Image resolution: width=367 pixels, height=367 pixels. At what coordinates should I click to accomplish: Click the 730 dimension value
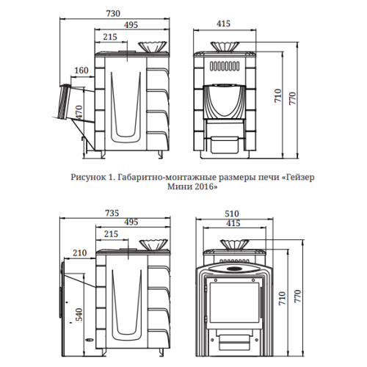pos(113,13)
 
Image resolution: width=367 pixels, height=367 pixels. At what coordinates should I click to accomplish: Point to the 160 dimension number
pos(81,70)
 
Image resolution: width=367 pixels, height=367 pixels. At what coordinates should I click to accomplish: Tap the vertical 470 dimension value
pos(79,112)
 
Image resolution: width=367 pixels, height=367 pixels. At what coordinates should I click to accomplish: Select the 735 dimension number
pos(112,213)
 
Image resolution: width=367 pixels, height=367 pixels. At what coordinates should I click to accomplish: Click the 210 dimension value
pos(80,252)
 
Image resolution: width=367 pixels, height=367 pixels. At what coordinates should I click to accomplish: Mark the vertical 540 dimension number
pos(79,314)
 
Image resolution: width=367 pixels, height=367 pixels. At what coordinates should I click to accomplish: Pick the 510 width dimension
pos(232,214)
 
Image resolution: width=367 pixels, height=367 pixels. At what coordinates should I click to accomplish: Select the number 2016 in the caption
pos(206,187)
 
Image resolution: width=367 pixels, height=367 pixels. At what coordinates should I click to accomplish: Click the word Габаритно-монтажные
pos(167,178)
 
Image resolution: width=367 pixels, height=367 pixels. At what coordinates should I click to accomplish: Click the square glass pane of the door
pos(233,303)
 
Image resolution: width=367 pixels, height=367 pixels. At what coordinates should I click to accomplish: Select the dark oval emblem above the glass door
pos(234,269)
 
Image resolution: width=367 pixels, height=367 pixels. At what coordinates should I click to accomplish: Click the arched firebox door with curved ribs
pos(225,101)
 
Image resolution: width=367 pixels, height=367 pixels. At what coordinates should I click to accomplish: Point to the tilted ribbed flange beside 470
pos(65,102)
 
